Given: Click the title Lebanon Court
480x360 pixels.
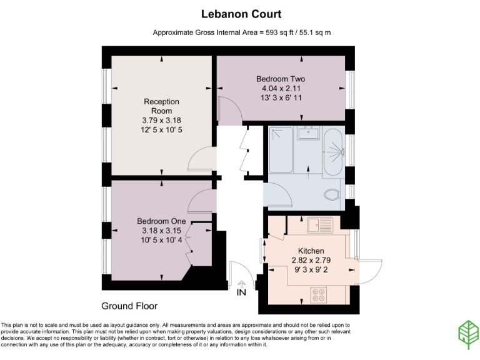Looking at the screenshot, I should point(241,14).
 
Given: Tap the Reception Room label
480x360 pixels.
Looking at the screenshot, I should point(161,106).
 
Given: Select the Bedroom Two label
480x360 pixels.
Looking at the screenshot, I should point(280,79).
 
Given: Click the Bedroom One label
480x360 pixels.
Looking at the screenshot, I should point(162,221).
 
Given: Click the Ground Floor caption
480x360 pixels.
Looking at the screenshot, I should point(129,306).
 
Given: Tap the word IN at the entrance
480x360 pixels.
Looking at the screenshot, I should point(242,292).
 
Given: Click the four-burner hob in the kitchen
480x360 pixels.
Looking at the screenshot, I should point(319,294).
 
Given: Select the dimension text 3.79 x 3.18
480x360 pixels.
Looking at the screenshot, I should point(161,120).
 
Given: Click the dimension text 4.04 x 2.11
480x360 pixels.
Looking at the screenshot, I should point(280,89).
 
